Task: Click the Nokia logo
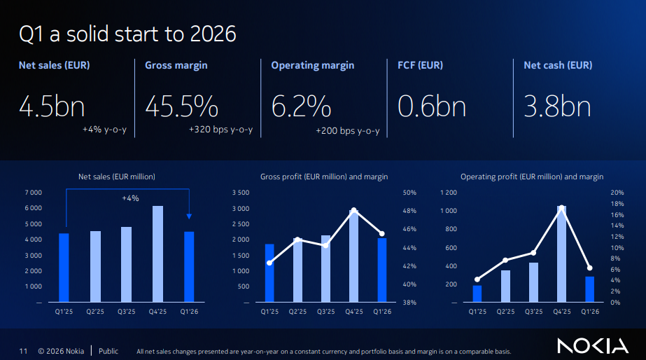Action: pyautogui.click(x=593, y=345)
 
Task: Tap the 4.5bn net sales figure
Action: pyautogui.click(x=52, y=106)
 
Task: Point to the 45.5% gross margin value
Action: pyautogui.click(x=181, y=106)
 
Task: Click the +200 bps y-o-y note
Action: pyautogui.click(x=348, y=130)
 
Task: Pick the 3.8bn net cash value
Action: pyautogui.click(x=557, y=106)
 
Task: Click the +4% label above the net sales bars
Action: pyautogui.click(x=130, y=198)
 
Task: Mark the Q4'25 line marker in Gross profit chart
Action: pyautogui.click(x=354, y=210)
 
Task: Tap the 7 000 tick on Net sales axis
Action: pyautogui.click(x=34, y=193)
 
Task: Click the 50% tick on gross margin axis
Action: pyautogui.click(x=410, y=193)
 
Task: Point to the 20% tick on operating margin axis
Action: pyautogui.click(x=617, y=193)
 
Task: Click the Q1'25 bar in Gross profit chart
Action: pyautogui.click(x=269, y=273)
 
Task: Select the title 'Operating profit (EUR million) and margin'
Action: pyautogui.click(x=531, y=176)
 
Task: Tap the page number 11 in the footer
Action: pyautogui.click(x=23, y=351)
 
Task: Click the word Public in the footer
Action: pyautogui.click(x=108, y=351)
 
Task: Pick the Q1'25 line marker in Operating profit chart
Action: pyautogui.click(x=477, y=279)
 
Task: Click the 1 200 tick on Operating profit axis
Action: pyautogui.click(x=448, y=193)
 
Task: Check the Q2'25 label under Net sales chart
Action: pyautogui.click(x=95, y=312)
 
